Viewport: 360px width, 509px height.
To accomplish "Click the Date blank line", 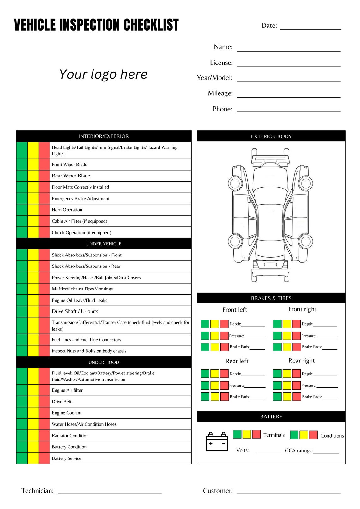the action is click(310, 29).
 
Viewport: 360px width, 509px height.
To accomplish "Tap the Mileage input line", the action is click(288, 97).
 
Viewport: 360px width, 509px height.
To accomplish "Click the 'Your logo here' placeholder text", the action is click(103, 74).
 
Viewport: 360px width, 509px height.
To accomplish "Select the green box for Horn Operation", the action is click(22, 210).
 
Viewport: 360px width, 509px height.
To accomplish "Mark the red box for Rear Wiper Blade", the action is click(44, 176).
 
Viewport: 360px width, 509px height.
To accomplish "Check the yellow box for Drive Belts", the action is click(33, 401).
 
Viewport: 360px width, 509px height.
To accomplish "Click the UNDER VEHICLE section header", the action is click(104, 244).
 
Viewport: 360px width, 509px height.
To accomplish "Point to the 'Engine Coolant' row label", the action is click(67, 413).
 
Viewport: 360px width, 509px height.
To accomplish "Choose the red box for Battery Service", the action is click(44, 458).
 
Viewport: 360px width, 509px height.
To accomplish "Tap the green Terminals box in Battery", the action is click(237, 434).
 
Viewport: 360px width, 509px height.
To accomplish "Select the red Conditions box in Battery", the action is click(313, 435).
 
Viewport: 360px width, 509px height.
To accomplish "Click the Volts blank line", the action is click(268, 452).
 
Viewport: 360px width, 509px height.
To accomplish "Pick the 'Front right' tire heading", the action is click(302, 309).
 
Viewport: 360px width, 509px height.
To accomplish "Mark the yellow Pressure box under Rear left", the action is click(214, 385).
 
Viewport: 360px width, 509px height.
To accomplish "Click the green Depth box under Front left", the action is click(205, 324).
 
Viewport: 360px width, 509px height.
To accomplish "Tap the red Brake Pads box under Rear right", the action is click(296, 397).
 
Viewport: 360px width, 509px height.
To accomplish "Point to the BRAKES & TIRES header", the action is click(271, 298).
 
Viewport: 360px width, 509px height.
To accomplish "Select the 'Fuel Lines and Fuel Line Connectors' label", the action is click(87, 340).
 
